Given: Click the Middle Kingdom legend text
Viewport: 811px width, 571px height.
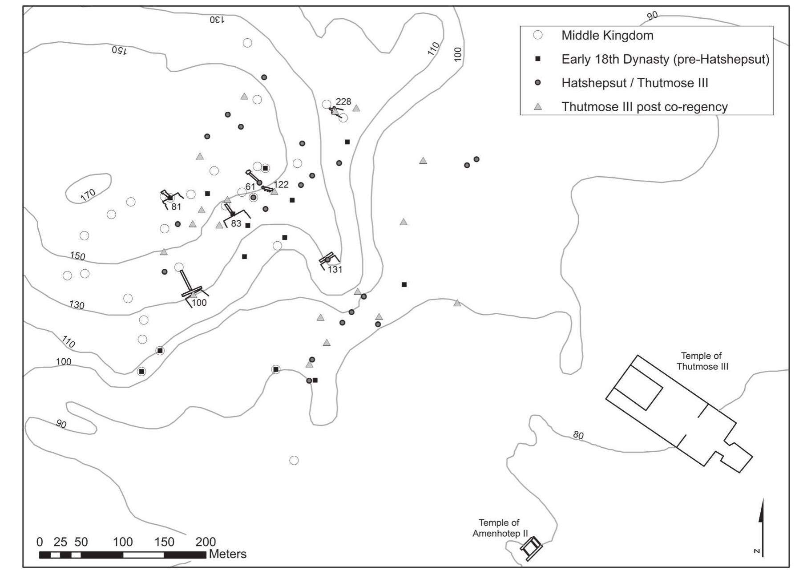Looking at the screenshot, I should click(x=607, y=36).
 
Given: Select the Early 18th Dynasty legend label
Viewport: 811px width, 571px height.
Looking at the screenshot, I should click(x=665, y=59).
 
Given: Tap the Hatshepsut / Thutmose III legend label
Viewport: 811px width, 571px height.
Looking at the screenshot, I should click(x=635, y=83).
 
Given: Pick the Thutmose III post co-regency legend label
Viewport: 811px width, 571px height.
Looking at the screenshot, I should click(x=645, y=107).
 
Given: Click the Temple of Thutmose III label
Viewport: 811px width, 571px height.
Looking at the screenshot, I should click(x=702, y=361).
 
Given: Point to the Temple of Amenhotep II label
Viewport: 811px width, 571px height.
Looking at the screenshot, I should click(x=499, y=528).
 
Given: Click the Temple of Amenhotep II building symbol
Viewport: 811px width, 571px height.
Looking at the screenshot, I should click(x=531, y=548).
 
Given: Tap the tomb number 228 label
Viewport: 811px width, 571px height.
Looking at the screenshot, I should click(x=343, y=101).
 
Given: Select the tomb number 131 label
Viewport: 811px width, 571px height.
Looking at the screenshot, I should click(x=335, y=269).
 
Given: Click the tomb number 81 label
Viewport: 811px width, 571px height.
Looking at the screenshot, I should click(x=176, y=207).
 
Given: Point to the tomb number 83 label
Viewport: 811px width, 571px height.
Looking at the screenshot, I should click(x=236, y=223).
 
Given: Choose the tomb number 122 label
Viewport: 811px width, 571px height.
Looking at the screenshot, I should click(x=281, y=184).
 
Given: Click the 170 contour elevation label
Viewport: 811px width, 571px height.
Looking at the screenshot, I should click(x=88, y=194).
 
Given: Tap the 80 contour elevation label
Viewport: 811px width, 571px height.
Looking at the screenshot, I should click(x=578, y=435).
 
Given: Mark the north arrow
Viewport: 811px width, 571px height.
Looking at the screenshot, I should click(x=761, y=527).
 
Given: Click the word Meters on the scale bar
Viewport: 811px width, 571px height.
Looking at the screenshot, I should click(x=227, y=554).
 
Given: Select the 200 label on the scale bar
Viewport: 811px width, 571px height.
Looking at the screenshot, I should click(x=206, y=542).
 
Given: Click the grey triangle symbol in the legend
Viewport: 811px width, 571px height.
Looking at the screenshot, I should click(x=538, y=107).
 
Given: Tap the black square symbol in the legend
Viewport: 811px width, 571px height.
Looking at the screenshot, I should click(x=537, y=59).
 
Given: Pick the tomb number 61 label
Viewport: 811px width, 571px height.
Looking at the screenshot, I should click(x=250, y=186).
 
